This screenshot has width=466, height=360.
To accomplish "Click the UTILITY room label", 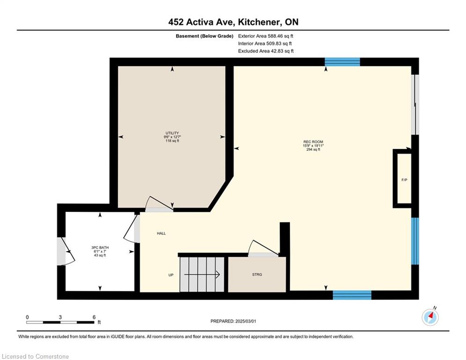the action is (x=172, y=133).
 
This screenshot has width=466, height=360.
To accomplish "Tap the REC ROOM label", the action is (x=313, y=142).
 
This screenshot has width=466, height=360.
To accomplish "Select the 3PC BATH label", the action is (x=100, y=247).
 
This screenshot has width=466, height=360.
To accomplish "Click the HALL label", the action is (x=162, y=233).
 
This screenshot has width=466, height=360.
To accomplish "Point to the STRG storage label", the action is (x=257, y=275).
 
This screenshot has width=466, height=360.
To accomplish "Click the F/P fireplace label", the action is (x=404, y=180).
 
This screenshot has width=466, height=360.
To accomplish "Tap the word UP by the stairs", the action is (x=171, y=275).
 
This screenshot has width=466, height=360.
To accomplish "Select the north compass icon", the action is (x=430, y=317).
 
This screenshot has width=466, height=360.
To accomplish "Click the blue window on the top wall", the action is (x=342, y=62).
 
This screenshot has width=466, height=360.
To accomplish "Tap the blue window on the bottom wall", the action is (x=352, y=295).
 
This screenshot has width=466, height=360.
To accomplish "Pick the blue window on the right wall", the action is (x=415, y=241).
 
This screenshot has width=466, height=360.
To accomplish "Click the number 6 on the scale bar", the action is (x=94, y=317).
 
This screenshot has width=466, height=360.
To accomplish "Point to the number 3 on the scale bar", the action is (x=60, y=317).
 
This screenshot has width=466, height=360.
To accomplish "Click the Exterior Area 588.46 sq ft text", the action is (x=266, y=36).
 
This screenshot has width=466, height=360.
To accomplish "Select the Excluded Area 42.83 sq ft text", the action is (x=266, y=51).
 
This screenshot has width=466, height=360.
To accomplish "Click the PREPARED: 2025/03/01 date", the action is (x=233, y=321).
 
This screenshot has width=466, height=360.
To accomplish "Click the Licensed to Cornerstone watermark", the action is (x=35, y=356).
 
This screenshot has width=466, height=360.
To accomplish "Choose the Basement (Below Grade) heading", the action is (x=205, y=36).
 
